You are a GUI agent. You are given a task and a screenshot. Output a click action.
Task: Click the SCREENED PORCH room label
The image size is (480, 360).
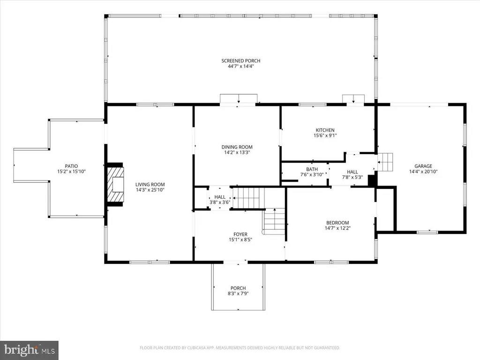click(x=241, y=60)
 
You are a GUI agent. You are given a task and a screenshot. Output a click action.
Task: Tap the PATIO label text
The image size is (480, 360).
click(x=71, y=166)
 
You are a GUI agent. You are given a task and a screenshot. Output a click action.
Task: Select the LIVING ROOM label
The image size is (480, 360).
click(x=150, y=185)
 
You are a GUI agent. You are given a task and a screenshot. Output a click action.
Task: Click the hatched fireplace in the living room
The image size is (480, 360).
click(x=115, y=184)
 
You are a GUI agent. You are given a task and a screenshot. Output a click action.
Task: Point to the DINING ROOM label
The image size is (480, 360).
click(x=237, y=147)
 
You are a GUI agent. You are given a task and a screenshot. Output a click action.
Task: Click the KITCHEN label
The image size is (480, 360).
click(x=325, y=130)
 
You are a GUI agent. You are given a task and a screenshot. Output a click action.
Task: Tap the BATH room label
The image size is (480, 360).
click(x=312, y=169)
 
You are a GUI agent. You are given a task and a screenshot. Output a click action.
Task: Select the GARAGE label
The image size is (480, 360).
click(x=423, y=166)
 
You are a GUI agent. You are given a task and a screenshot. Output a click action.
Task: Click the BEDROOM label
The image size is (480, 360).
click(x=337, y=223)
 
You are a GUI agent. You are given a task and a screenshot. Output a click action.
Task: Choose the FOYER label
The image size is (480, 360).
click(x=240, y=234)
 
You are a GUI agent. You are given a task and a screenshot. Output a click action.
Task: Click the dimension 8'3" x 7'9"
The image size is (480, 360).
click(x=238, y=293)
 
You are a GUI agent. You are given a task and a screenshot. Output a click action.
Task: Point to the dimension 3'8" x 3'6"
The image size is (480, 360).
click(x=220, y=202)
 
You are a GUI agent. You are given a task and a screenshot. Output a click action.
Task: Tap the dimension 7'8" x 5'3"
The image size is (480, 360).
click(x=352, y=177)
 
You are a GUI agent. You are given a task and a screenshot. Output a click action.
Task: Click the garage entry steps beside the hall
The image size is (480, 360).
click(x=385, y=162)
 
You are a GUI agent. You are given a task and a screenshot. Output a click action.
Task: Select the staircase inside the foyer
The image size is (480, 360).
click(x=274, y=221)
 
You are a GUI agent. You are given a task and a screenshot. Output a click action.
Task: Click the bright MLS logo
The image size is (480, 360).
click(x=29, y=350)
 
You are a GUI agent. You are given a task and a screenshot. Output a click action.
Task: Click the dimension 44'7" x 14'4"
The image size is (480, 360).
click(x=241, y=66)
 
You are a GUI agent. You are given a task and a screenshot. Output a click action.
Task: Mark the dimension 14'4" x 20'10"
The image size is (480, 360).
click(x=423, y=172)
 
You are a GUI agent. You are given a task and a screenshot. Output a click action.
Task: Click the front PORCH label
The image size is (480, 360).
click(x=238, y=288)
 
